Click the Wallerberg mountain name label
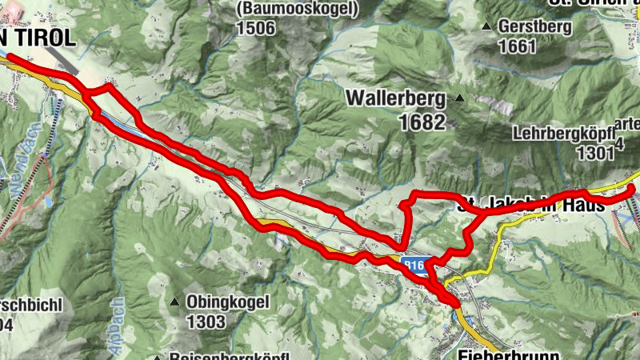(x=395, y=98)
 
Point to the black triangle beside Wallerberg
(x=460, y=99)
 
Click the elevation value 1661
(x=517, y=46)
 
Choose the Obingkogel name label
(x=227, y=302)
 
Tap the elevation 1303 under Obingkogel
(x=205, y=322)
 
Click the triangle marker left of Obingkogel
(x=174, y=302)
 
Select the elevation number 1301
(x=592, y=153)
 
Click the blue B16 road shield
(x=413, y=264)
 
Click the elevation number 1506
(x=256, y=28)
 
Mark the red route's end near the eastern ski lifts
(x=631, y=190)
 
